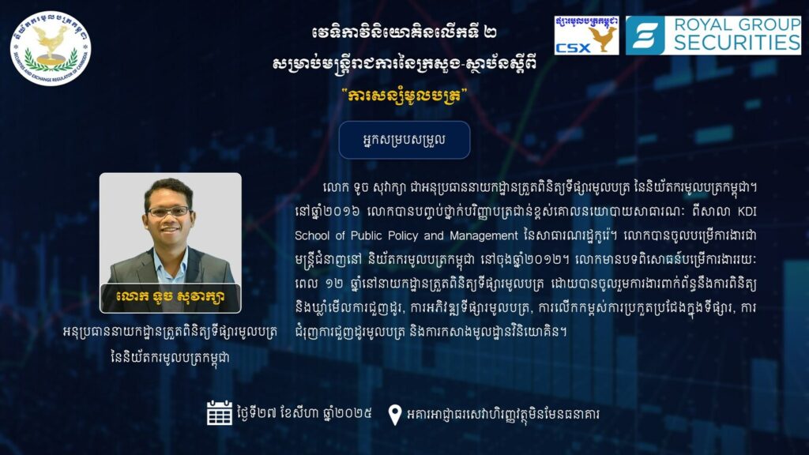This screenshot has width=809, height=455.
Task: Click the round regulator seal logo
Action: pos(51,48)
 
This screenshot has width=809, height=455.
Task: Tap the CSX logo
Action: pos(587,35)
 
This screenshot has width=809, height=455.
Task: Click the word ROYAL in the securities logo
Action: pos(706,24)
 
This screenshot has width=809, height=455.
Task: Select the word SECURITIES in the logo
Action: pos(737,43)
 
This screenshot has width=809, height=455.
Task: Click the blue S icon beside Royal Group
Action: pos(645,35)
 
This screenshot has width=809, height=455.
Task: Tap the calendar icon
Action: pos(220,412)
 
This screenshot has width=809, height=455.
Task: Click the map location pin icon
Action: pos(395,415)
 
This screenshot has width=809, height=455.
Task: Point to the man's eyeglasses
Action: pos(168,211)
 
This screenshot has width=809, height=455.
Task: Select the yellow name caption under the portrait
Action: pos(171,297)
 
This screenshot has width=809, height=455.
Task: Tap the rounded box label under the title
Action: pos(404,140)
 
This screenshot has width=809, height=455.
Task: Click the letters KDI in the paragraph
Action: pos(747,212)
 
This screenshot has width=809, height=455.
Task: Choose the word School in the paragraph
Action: pos(311,235)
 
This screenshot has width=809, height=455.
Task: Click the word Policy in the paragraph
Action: pos(403,236)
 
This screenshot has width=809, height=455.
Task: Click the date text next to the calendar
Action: pos(304,414)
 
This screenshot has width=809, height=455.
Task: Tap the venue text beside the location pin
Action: pos(503,414)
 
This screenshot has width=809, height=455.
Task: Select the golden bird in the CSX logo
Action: pos(604,39)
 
